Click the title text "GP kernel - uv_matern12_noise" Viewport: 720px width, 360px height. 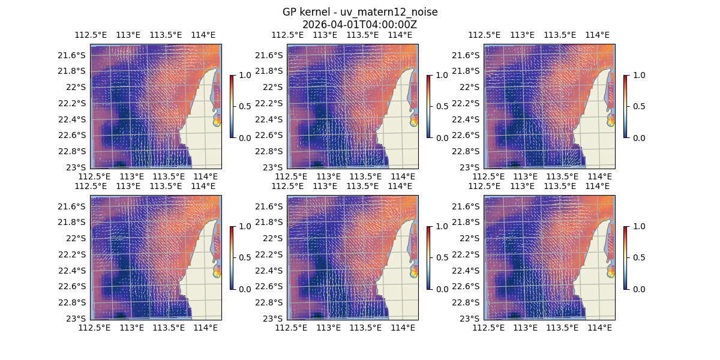[359, 13]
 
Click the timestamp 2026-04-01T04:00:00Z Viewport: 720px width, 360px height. [359, 25]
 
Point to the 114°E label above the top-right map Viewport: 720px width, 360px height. [597, 35]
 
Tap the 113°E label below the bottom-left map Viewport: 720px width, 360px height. [131, 328]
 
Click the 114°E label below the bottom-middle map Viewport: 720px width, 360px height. [403, 328]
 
